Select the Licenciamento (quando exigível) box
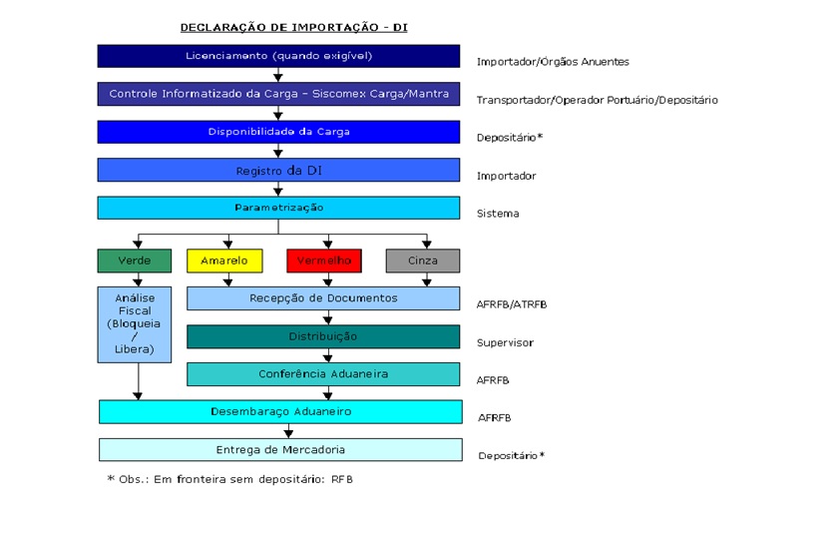coord(278,56)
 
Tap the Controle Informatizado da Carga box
coord(278,94)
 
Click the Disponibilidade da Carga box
coord(278,132)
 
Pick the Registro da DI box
coord(278,170)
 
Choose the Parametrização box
coord(278,208)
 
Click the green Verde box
coord(135,261)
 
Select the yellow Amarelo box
coord(223,261)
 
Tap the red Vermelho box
coord(323,261)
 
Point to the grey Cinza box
coord(422,261)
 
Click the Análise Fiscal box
coord(135,323)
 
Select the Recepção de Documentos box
coord(323,298)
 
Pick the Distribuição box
coord(323,336)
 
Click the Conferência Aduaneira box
coord(323,374)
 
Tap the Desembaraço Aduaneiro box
coord(280,411)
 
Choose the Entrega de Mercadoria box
coord(280,449)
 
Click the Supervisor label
coord(505,342)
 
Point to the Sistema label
coord(498,214)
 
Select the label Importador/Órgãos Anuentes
coord(553,62)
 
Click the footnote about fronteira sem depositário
coord(230,479)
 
